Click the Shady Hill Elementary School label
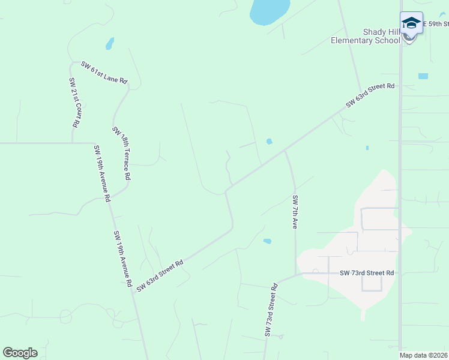(366, 36)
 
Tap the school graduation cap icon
(411, 23)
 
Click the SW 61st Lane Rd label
(104, 72)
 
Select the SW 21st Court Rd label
(74, 103)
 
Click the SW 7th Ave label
(295, 212)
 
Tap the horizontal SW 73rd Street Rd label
(367, 273)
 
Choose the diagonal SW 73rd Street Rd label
(271, 310)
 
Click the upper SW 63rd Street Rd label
(370, 95)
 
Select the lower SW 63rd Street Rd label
(159, 276)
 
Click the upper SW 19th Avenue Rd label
(101, 173)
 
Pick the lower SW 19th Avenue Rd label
(122, 259)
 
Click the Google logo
(20, 353)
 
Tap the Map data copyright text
(424, 355)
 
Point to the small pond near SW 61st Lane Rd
(109, 44)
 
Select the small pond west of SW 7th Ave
(267, 241)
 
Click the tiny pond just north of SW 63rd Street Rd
(269, 142)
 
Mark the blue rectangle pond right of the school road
(423, 76)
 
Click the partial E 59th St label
(436, 23)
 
